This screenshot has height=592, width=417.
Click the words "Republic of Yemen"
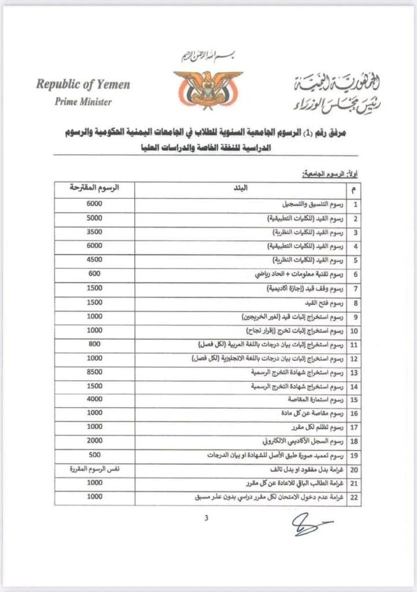click(x=83, y=84)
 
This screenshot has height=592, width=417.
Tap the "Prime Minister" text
click(x=83, y=102)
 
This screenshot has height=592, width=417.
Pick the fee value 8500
click(x=94, y=372)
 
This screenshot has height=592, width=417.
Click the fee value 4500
click(x=94, y=260)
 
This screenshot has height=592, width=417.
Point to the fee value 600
click(x=94, y=273)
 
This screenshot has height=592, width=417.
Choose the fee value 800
click(x=94, y=344)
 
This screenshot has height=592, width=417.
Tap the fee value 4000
click(x=94, y=399)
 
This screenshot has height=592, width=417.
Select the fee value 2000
click(x=94, y=441)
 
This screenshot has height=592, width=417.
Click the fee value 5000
click(x=94, y=219)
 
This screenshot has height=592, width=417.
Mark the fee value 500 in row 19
click(x=94, y=455)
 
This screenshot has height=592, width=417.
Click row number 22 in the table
click(x=355, y=498)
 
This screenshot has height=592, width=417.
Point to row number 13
click(x=355, y=372)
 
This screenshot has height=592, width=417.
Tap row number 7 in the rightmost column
click(x=355, y=288)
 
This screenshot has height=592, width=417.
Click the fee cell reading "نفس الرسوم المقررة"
click(x=94, y=469)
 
